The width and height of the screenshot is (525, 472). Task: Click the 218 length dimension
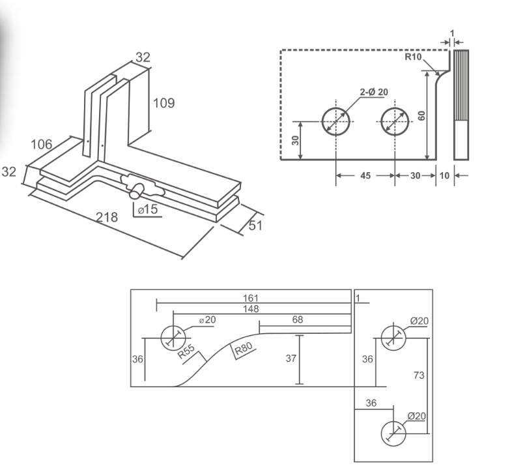pos(107,218)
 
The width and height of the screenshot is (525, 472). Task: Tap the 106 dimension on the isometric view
pos(42,144)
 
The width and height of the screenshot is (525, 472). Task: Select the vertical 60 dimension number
pos(421,115)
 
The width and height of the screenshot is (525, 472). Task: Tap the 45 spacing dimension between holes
pos(365,175)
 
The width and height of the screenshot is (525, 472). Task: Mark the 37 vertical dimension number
pos(291,359)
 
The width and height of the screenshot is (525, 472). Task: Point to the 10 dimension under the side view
pos(444,175)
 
